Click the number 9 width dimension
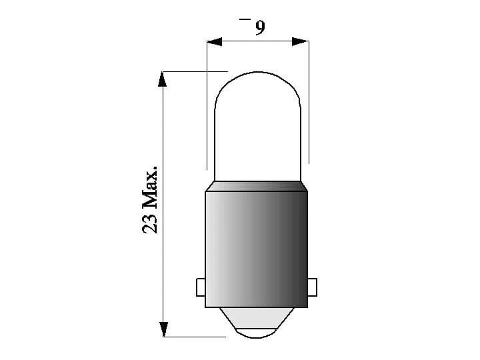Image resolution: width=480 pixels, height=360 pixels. coord(259,27)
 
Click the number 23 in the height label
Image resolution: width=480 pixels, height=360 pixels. coord(151,223)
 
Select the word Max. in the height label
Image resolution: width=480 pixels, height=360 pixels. coord(151,189)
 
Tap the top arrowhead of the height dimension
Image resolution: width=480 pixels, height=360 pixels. coord(162,79)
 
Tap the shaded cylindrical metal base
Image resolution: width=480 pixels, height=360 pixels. coord(257,247)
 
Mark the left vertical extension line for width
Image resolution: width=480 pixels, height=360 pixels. coord(207,107)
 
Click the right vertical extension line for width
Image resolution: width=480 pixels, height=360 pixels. coord(309,107)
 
